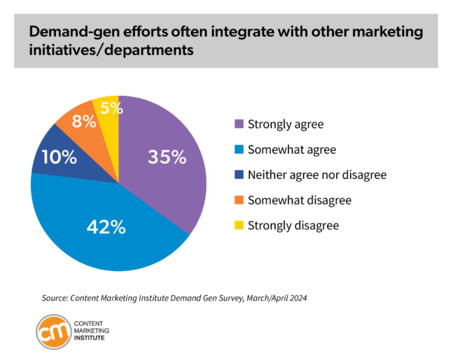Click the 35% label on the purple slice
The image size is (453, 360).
(x=166, y=157)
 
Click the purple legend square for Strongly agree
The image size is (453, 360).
(x=240, y=124)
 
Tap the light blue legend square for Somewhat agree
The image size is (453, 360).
(x=240, y=149)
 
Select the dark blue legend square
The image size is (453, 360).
(x=240, y=175)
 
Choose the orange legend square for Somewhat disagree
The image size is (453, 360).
(x=240, y=200)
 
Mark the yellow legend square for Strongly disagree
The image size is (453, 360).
(x=240, y=226)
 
